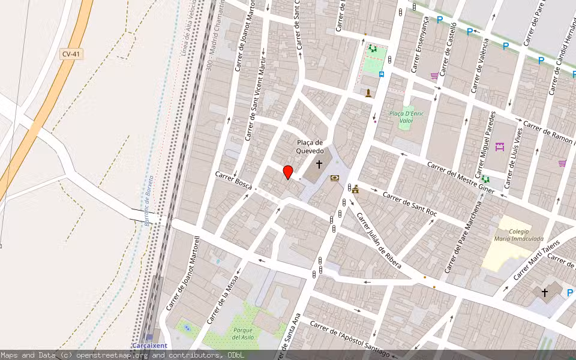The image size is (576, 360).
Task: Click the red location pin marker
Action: (x=288, y=172)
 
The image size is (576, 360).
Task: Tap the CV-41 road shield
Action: (x=71, y=54)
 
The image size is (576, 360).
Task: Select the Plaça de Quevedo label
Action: (x=310, y=147)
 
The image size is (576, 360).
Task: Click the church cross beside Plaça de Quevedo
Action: (x=319, y=163)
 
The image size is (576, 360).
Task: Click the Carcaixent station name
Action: (x=149, y=346)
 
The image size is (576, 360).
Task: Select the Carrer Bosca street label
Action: (x=234, y=179)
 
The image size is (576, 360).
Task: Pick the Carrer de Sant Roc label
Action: (x=410, y=205)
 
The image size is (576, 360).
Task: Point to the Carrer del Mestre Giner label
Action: (x=461, y=177)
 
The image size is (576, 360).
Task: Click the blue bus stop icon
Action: (x=382, y=74)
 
